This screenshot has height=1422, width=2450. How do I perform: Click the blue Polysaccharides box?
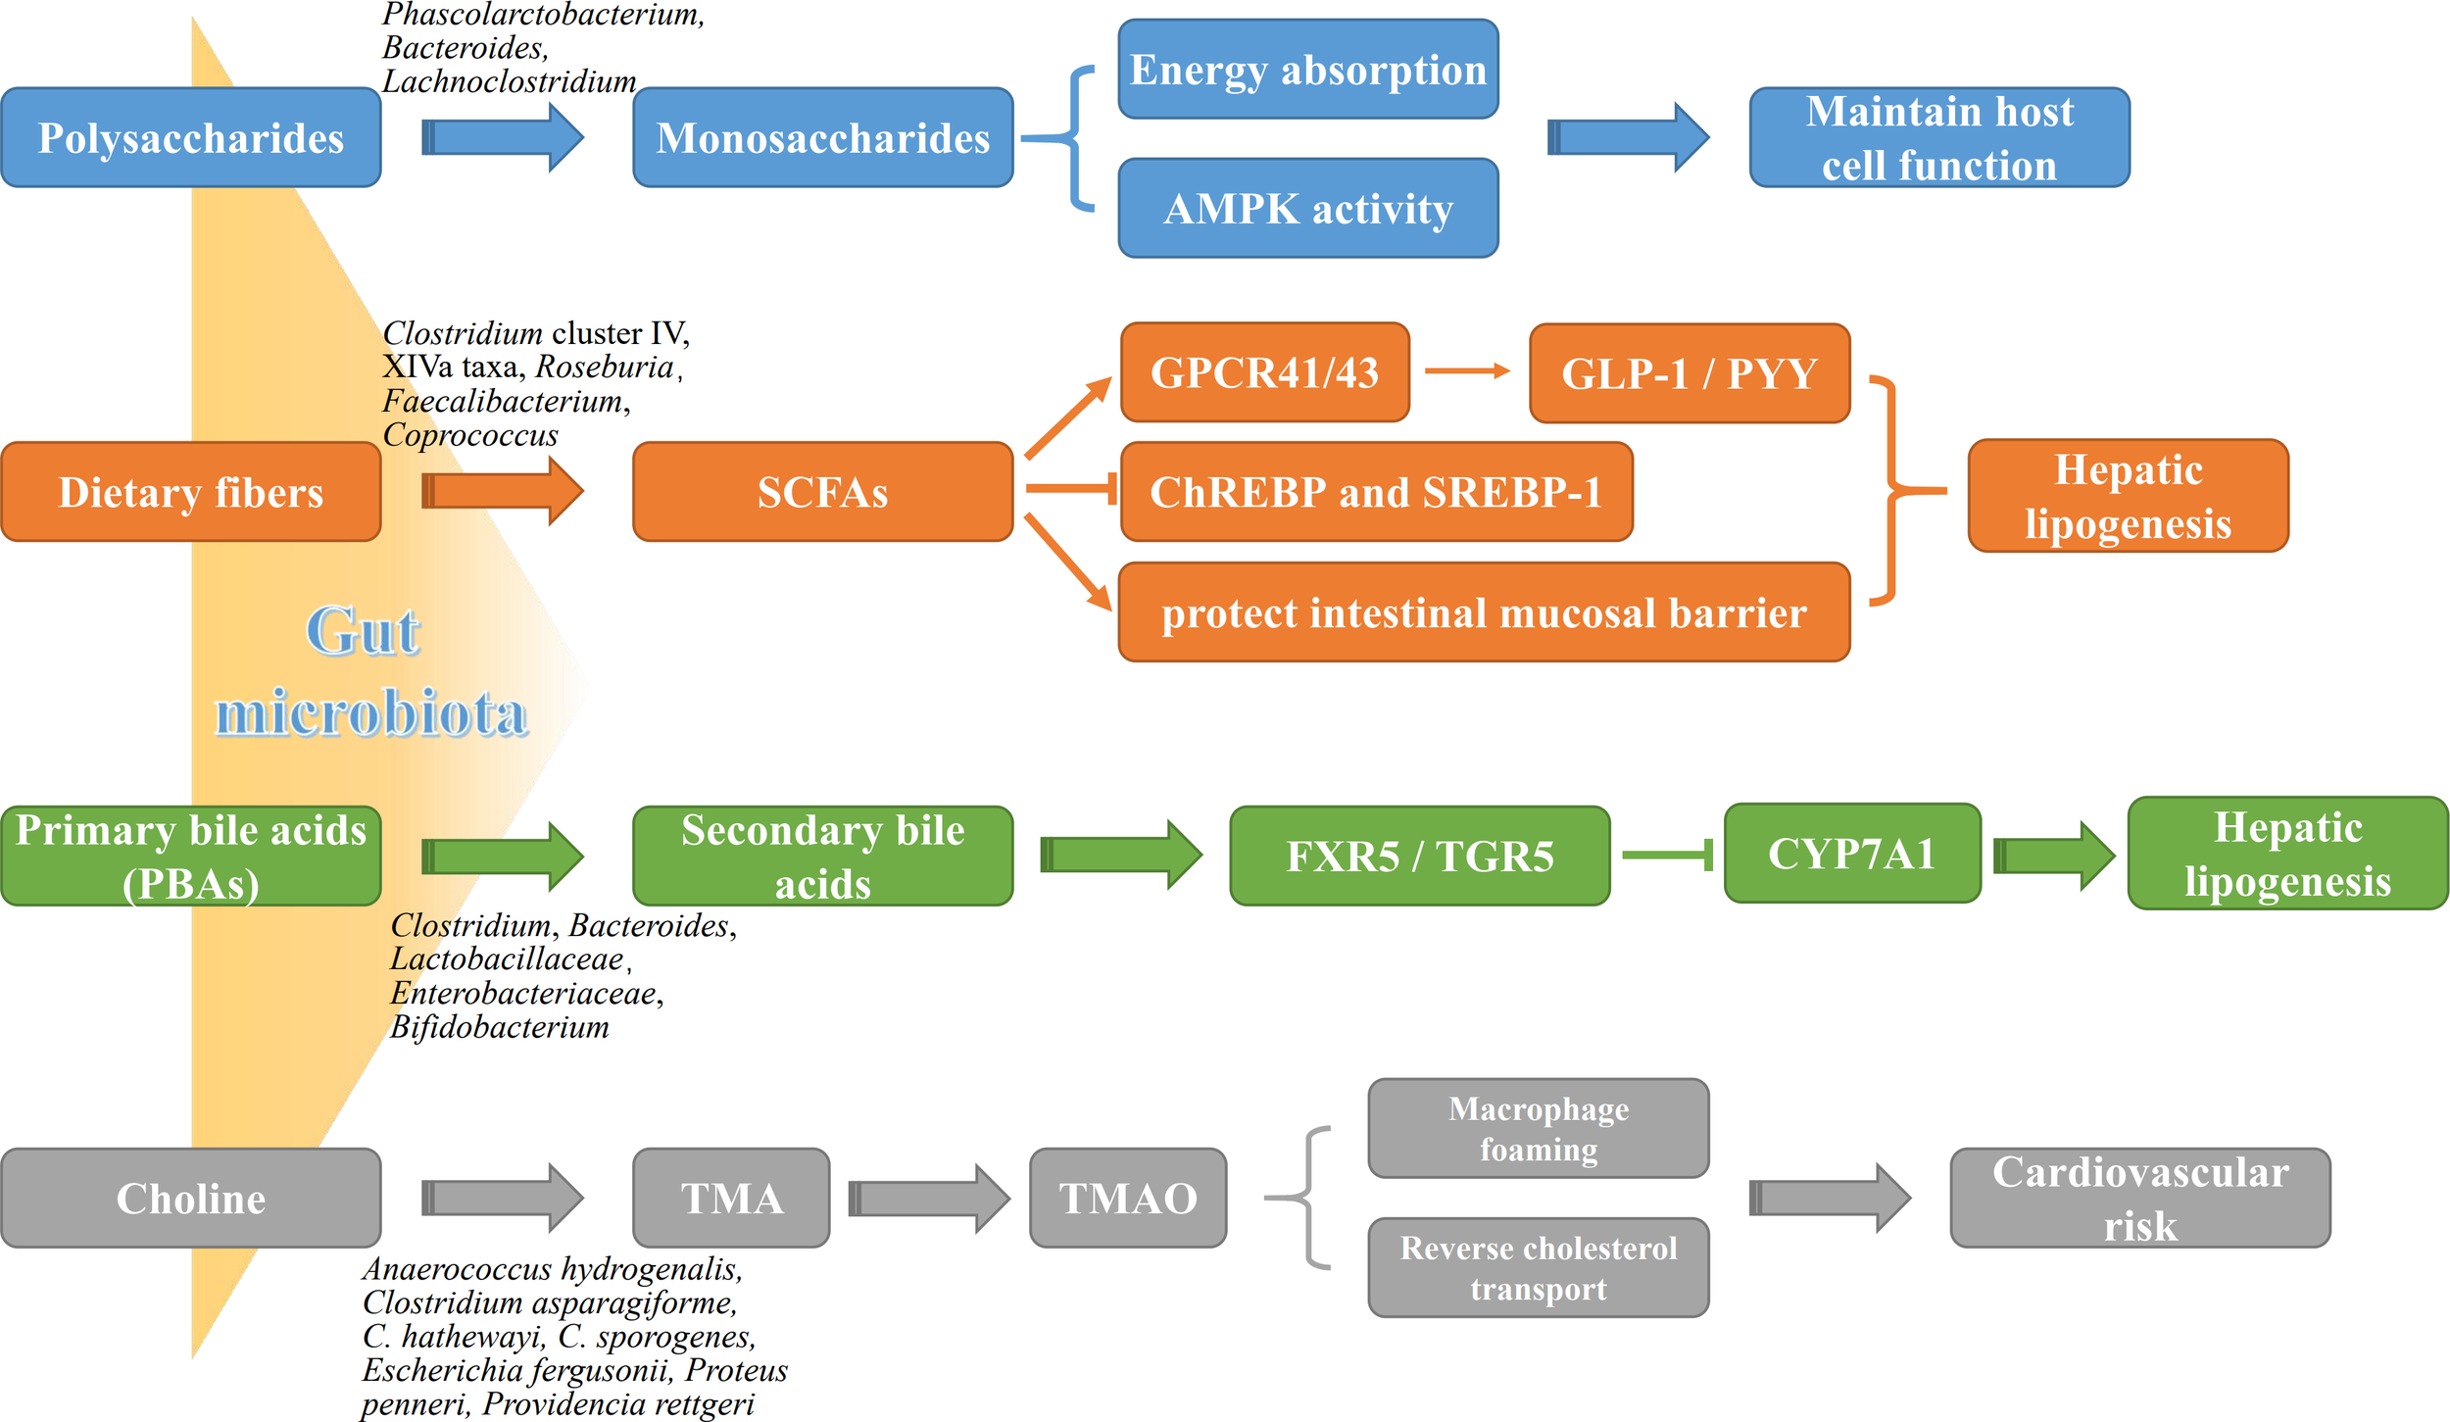click(191, 137)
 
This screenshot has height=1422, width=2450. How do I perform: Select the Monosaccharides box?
click(822, 137)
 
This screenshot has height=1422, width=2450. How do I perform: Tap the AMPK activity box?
click(1307, 208)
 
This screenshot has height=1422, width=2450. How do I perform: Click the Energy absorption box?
click(1307, 70)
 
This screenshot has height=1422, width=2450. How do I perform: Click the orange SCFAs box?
click(822, 491)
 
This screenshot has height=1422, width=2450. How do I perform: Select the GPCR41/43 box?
click(1264, 372)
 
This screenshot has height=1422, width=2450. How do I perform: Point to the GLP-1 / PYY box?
click(1689, 373)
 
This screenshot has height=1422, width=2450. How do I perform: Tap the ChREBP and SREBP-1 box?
click(1376, 491)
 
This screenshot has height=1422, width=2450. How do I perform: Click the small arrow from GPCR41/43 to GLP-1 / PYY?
click(1466, 370)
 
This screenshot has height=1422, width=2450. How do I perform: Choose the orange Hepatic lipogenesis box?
click(2128, 496)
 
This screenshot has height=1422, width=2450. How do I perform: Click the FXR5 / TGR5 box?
click(1419, 856)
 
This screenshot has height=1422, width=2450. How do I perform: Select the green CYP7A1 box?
click(1851, 853)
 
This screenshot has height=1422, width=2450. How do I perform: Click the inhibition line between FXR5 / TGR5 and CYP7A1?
click(1666, 855)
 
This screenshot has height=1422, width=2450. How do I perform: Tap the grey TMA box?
click(731, 1198)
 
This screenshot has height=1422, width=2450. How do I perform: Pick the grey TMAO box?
click(1127, 1198)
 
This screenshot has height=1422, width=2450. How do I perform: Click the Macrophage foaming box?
click(1538, 1128)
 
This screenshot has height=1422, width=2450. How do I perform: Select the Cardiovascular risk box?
click(2139, 1198)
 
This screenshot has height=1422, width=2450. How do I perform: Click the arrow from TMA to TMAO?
click(929, 1198)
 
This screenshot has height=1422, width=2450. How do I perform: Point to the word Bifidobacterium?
click(499, 1027)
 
